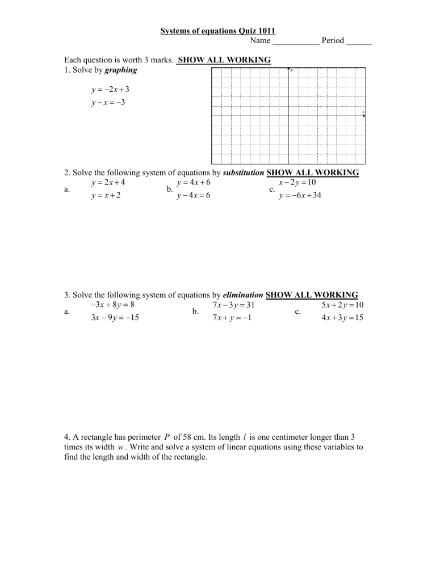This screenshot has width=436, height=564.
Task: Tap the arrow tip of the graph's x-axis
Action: (x=363, y=116)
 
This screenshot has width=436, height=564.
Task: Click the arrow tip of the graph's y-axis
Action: (x=289, y=69)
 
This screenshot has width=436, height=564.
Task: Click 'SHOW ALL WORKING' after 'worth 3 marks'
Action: (x=224, y=60)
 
